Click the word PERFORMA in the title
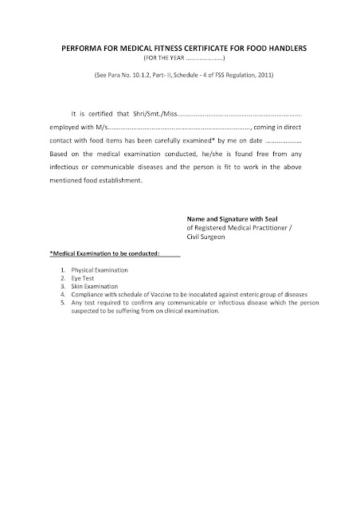click(x=76, y=49)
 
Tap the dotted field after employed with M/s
click(x=178, y=127)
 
